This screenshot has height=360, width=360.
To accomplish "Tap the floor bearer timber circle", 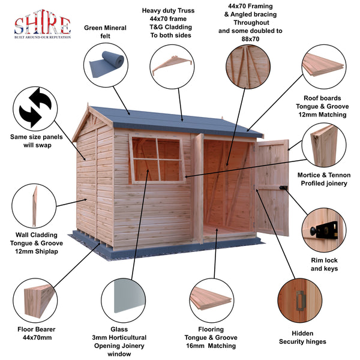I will [x=38, y=301].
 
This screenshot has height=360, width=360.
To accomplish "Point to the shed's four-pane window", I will [x=157, y=159].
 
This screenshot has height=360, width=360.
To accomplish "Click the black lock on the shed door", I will [x=286, y=188].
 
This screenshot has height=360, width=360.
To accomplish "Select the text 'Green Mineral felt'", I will [x=106, y=31].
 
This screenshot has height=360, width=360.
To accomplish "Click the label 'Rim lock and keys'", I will [x=324, y=265].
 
